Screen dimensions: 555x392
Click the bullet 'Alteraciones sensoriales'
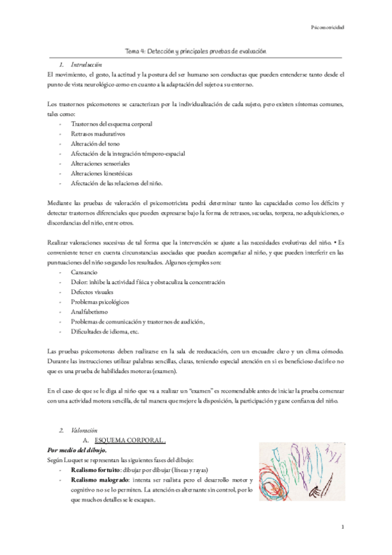coord(101,163)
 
